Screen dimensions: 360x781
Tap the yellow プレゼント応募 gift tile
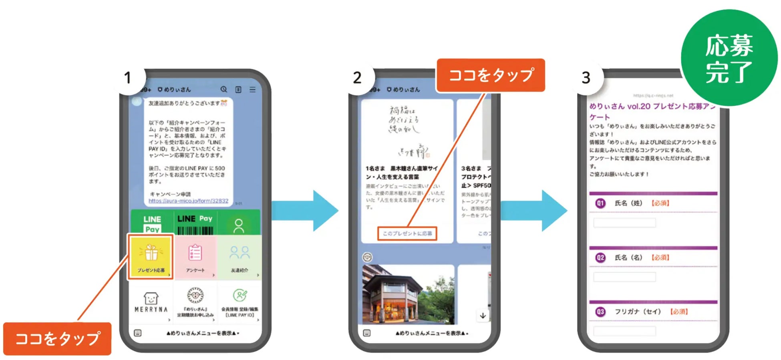151,257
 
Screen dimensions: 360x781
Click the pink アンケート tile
195,257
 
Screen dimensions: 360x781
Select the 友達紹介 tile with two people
240,257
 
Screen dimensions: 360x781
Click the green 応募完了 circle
729,58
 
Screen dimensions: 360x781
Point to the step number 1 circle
127,78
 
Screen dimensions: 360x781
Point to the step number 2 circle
357,78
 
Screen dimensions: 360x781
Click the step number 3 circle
586,78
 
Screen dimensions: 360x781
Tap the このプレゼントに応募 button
407,233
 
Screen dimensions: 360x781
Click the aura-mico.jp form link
188,201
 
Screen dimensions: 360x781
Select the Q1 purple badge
600,203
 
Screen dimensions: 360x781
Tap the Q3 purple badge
600,312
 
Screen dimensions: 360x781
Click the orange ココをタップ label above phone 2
491,75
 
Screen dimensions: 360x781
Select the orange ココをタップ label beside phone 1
57,339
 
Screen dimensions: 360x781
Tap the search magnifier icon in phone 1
224,89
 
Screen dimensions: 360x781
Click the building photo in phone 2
408,294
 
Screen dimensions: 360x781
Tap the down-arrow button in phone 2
483,316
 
